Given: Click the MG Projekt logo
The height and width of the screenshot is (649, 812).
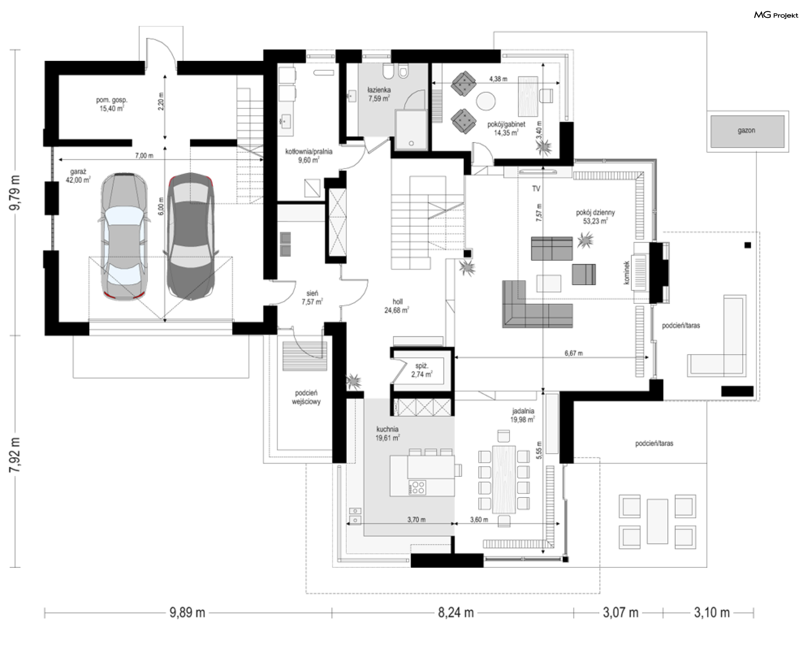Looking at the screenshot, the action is coord(776,15).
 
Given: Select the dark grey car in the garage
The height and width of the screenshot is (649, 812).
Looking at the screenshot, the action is coord(190,236).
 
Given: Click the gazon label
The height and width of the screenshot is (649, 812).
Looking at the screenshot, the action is coord(746,130).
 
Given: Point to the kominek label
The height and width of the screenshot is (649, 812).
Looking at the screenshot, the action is coord(627,272).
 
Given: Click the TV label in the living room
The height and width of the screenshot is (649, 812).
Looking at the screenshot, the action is coord(536,188).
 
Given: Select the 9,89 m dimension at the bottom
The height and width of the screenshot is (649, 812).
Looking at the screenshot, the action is coord(187,612).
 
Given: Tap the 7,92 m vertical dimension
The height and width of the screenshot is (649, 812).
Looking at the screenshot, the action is coord(15,455).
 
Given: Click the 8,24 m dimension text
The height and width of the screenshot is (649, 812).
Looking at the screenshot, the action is coord(455,612).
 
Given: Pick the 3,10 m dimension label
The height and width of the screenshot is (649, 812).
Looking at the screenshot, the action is coord(712,612).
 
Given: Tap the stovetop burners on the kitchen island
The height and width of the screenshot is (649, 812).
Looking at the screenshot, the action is coord(417,487).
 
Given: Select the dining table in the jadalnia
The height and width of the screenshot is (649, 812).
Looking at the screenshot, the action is coord(504,479).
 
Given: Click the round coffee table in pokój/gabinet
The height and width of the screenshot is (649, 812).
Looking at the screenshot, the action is coord(486,102).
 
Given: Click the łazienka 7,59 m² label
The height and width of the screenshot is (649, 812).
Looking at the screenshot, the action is coord(379,94).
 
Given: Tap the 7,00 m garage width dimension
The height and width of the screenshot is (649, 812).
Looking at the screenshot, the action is coord(144,156).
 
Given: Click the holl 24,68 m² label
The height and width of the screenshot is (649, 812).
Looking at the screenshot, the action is coord(397,306).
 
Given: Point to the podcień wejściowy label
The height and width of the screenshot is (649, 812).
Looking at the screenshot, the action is coord(306,397).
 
